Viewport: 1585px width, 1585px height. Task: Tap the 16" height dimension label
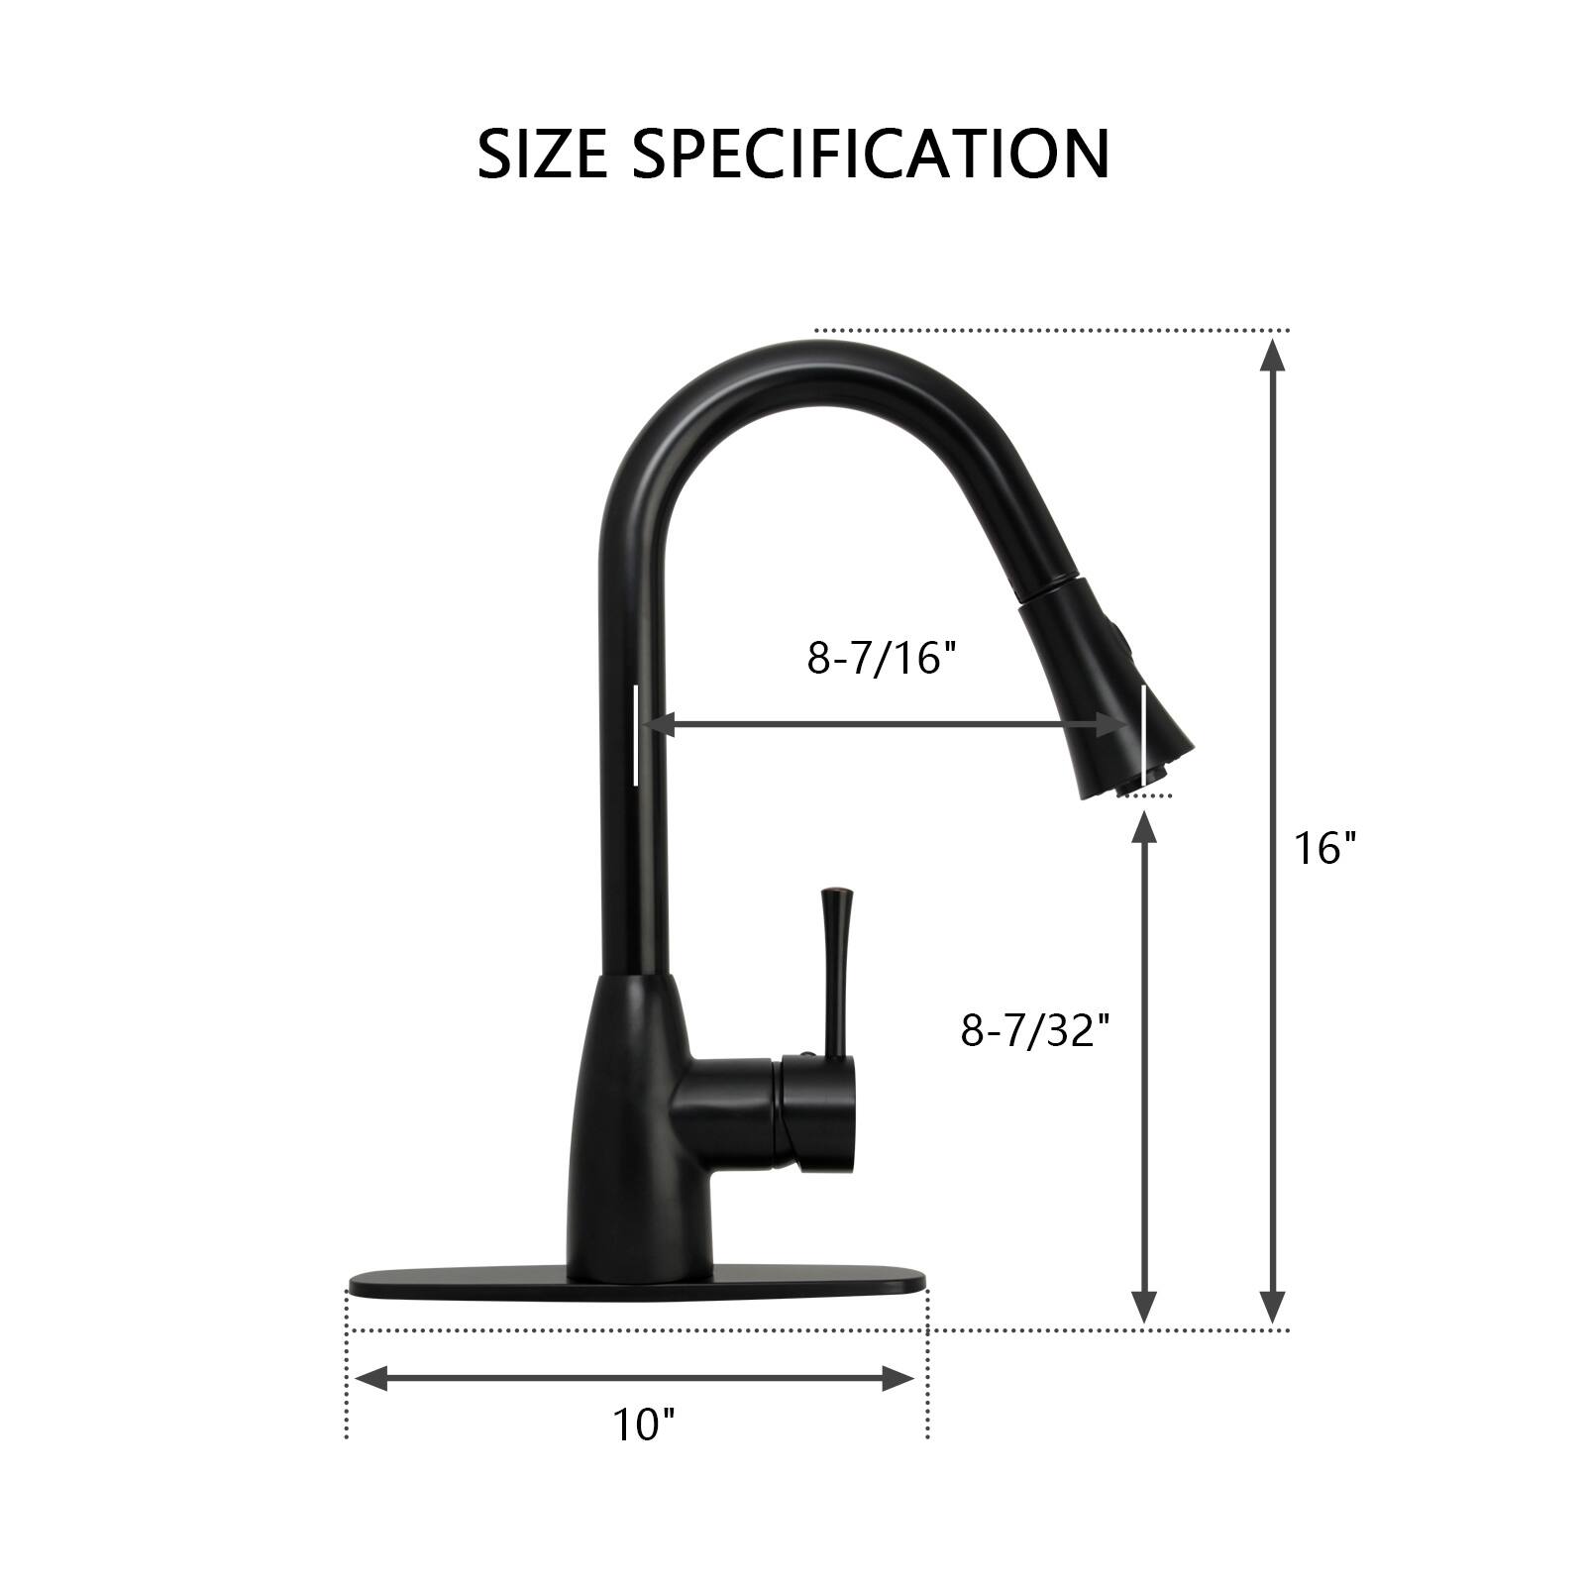point(1324,848)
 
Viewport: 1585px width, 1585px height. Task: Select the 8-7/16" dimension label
point(883,658)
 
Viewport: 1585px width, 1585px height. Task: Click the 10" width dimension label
point(643,1425)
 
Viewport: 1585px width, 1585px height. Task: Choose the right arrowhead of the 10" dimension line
point(899,1378)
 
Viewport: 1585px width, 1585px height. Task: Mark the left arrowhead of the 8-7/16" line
point(660,724)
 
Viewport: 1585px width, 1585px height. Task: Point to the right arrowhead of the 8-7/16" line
point(1113,724)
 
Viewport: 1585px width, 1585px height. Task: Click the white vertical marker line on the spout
point(635,733)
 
